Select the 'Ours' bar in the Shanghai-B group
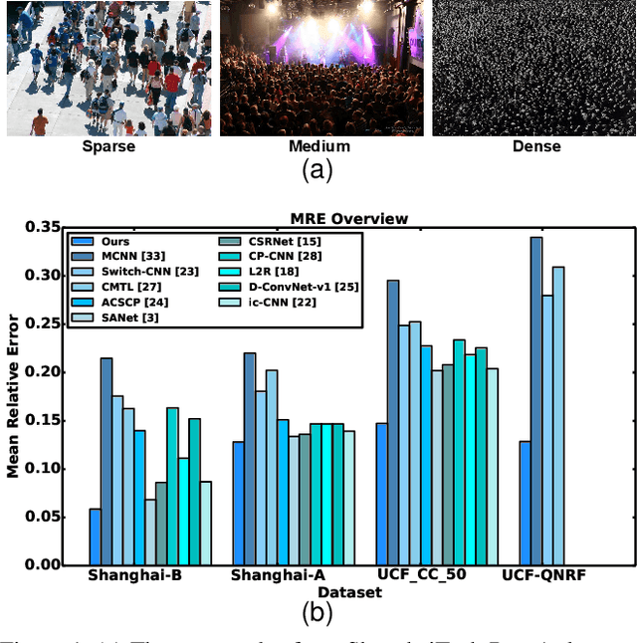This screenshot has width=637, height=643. pos(96,537)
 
